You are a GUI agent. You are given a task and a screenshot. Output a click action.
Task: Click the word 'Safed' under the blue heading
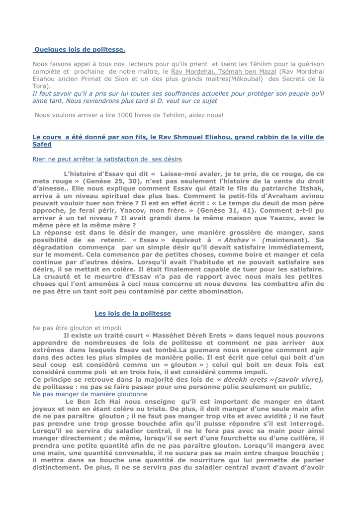42,144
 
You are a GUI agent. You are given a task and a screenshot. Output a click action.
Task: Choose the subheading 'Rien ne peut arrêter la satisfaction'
107,159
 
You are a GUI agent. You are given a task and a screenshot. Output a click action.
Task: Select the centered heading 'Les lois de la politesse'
133,313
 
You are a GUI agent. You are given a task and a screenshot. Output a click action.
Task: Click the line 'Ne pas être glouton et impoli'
77,328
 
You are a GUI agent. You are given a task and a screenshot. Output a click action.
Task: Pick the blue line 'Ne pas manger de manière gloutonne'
90,394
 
